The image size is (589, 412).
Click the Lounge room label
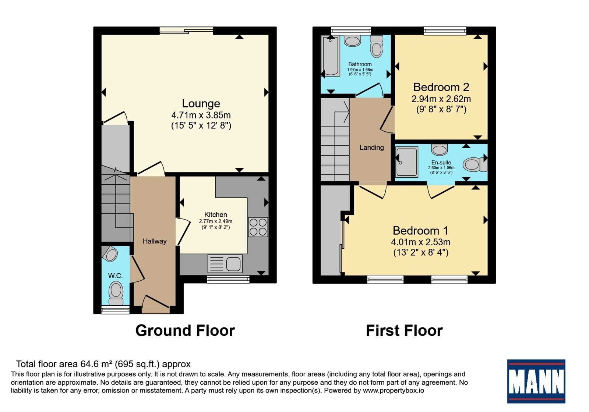201,103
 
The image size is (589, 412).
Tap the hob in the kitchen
258,227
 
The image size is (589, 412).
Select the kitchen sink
225,263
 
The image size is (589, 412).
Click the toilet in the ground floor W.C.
116,293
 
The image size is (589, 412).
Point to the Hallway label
155,241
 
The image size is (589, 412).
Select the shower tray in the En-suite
407,162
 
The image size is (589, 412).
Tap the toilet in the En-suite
475,164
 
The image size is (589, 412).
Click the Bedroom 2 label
441,87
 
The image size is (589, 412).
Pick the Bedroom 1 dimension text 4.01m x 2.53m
421,242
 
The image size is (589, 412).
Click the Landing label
371,148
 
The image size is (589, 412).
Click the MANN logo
536,381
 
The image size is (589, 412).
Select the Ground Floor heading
185,331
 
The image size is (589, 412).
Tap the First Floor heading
405,331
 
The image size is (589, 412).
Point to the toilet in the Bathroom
377,46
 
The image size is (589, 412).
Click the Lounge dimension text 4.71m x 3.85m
201,115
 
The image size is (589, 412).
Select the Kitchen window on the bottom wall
228,279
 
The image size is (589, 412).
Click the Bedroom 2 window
445,31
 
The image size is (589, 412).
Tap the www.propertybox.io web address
394,390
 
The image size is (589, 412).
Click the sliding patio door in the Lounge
186,31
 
